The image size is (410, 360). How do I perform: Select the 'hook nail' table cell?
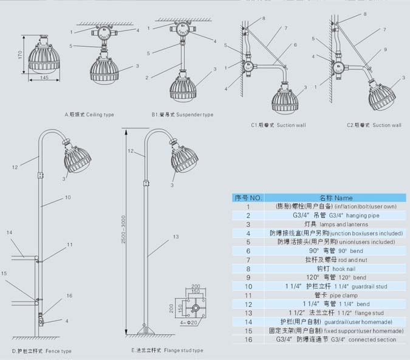(335, 268)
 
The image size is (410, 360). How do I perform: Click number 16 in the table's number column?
(248, 339)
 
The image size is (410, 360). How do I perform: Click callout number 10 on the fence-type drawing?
(68, 197)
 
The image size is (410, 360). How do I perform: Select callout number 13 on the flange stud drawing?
(176, 236)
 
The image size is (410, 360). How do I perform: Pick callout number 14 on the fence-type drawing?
(9, 233)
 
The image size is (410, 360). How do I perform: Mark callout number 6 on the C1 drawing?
(295, 45)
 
